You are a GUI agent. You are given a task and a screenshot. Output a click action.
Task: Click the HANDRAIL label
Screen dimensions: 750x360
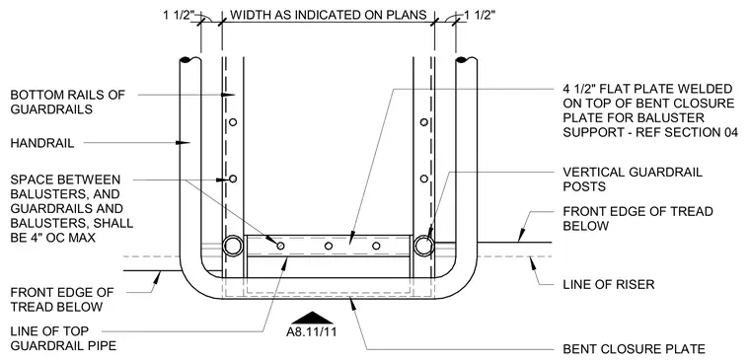click(x=42, y=143)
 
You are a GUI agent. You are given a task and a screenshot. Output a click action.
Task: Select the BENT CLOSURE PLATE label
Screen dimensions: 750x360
click(x=634, y=349)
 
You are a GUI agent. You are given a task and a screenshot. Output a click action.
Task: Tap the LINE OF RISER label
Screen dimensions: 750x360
click(x=609, y=284)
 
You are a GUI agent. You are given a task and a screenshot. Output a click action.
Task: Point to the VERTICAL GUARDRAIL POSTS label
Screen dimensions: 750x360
click(x=633, y=179)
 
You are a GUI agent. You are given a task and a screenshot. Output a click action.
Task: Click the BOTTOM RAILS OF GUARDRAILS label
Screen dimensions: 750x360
click(x=67, y=102)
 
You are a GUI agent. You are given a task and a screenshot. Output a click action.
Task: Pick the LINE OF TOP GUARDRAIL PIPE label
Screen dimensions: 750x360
click(x=63, y=338)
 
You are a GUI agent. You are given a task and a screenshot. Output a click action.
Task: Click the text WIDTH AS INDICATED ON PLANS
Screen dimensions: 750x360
click(x=328, y=15)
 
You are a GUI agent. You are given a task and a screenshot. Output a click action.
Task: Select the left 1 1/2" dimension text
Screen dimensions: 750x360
click(x=179, y=16)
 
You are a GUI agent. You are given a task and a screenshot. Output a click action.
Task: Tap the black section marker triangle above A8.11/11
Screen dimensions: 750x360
click(x=312, y=318)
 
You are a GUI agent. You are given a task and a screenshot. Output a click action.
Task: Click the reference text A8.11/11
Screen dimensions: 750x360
click(x=312, y=331)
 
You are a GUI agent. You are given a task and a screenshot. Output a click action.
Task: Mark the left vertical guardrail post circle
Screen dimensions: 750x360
click(x=233, y=246)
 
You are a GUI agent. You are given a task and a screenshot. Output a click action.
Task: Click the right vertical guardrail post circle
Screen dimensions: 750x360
click(x=423, y=246)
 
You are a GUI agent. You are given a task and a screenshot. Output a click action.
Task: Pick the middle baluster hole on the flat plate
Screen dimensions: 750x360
click(x=328, y=246)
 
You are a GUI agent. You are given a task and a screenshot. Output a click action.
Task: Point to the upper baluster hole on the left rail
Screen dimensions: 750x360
click(x=233, y=122)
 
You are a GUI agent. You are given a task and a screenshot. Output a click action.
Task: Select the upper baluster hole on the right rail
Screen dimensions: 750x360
click(x=423, y=122)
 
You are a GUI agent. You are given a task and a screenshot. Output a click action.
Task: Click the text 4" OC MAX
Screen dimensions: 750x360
click(x=62, y=237)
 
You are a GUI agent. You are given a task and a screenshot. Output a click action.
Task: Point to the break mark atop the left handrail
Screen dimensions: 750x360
click(x=189, y=60)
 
